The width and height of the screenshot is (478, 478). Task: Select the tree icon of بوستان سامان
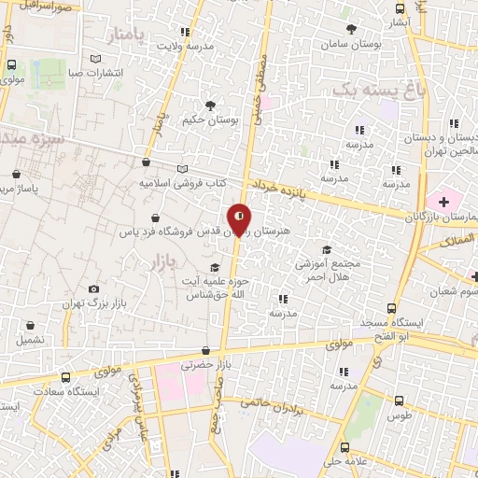click(x=352, y=28)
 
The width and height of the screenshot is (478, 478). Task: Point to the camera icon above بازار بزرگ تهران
click(x=93, y=289)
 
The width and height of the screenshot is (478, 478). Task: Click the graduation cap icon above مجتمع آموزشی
click(x=326, y=249)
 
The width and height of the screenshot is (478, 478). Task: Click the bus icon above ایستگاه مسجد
click(x=392, y=307)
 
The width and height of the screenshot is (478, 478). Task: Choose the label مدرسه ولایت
click(x=185, y=45)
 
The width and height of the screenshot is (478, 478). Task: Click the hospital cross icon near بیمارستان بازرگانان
click(x=443, y=202)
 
